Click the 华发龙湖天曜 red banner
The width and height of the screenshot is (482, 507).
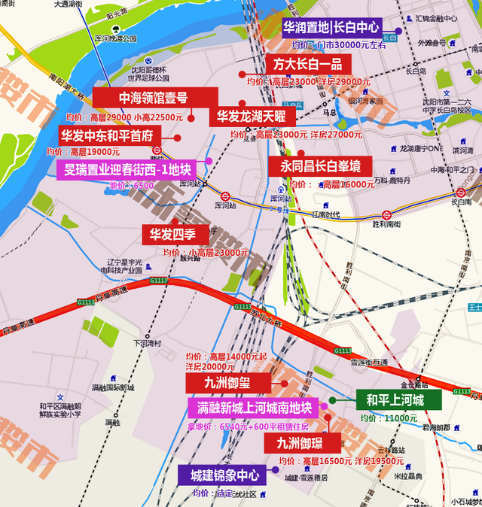tap(252, 116)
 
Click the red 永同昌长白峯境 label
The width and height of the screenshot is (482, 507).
tap(320, 165)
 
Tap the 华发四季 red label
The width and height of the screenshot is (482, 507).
tap(175, 234)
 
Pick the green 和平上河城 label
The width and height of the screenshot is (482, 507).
tap(395, 400)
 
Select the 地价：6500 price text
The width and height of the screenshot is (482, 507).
tap(132, 185)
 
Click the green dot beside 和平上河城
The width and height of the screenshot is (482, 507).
tap(333, 401)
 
